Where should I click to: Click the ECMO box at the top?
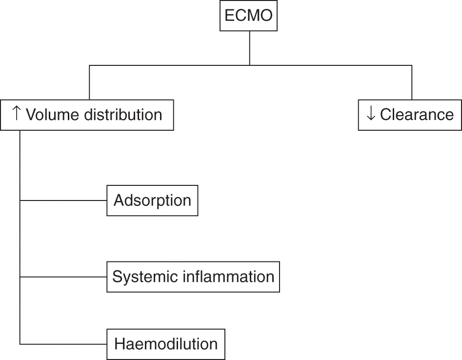tap(250, 16)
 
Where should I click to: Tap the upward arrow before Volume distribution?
tap(16, 114)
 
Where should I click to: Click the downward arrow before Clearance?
tap(371, 114)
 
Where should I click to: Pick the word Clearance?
tap(417, 115)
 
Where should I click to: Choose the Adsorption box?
tap(152, 200)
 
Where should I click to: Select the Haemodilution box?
tap(166, 344)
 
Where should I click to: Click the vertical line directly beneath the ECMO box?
tap(250, 47)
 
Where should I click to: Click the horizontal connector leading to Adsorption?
tap(63, 200)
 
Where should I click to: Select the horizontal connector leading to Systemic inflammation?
tap(63, 277)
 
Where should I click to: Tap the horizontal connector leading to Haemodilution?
tap(63, 344)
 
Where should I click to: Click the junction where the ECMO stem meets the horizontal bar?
tap(250, 65)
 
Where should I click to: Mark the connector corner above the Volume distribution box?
tap(89, 65)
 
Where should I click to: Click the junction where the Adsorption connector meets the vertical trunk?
tap(20, 200)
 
